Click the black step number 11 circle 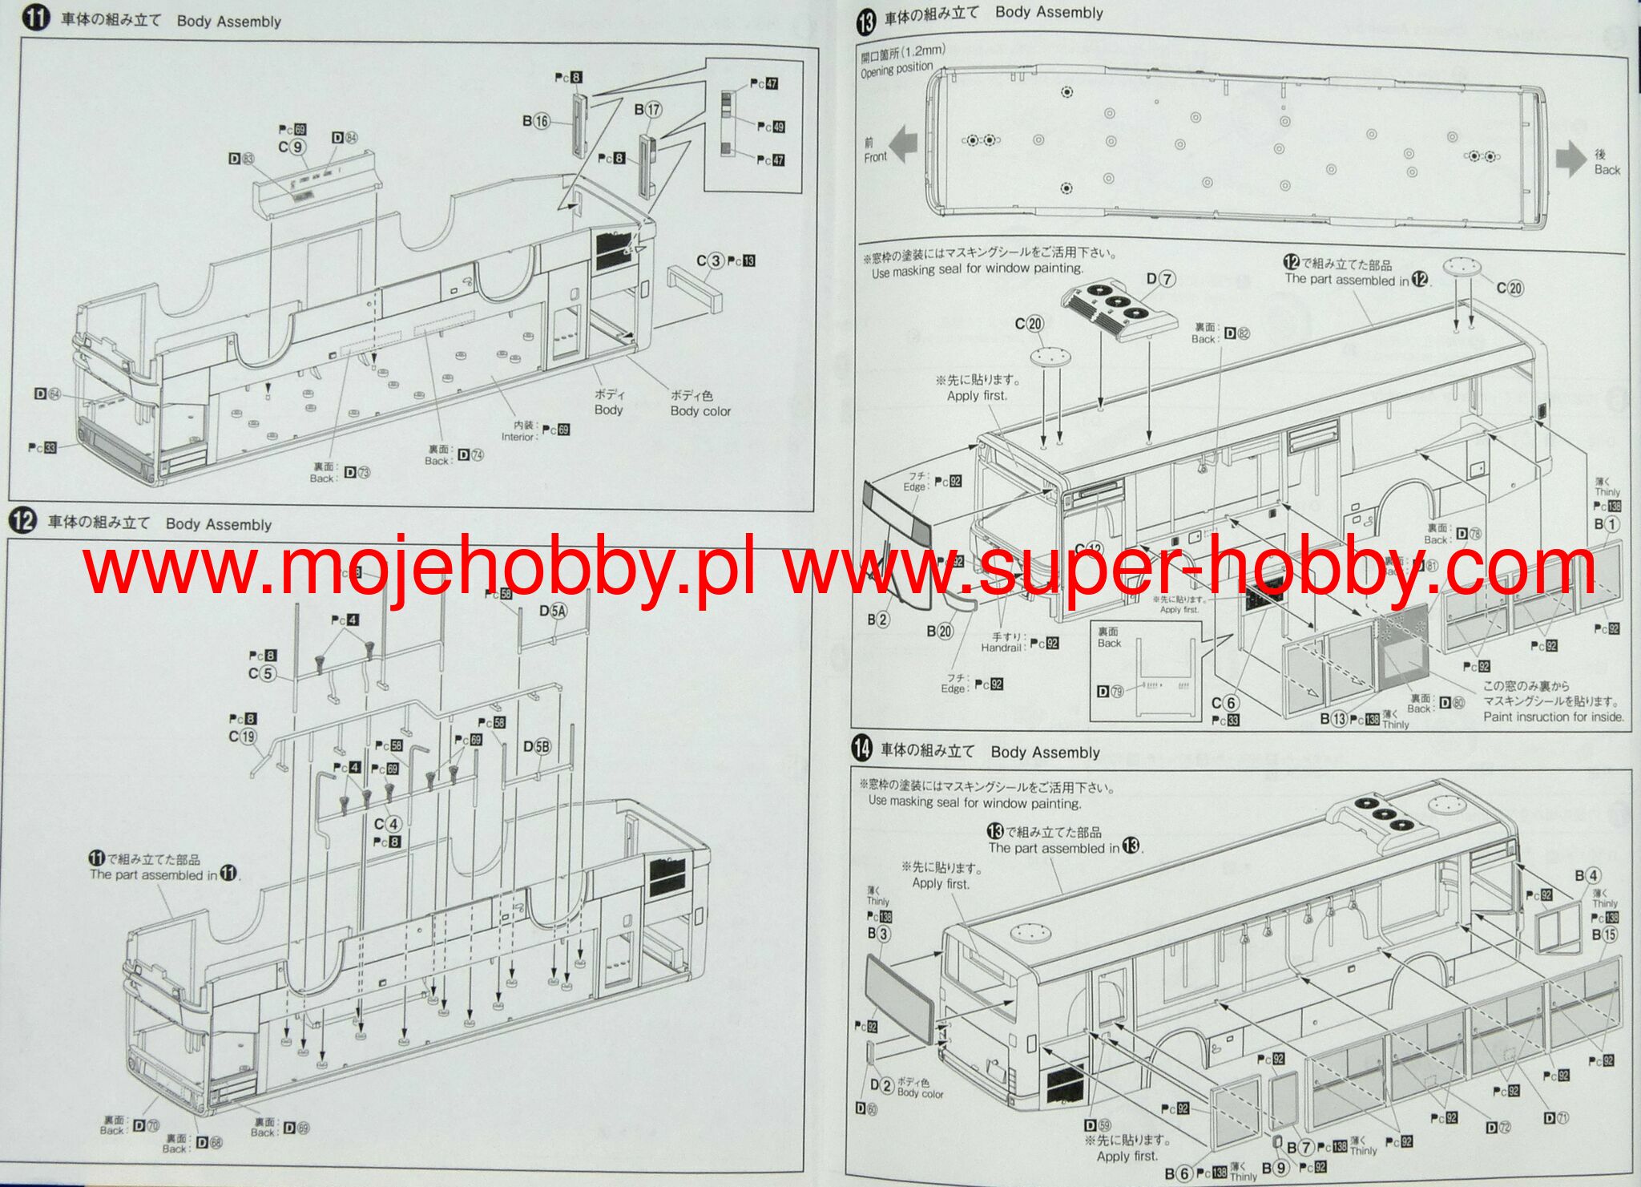(36, 18)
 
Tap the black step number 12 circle (22, 521)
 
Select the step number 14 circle (861, 749)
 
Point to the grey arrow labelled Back (1570, 159)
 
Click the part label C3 (710, 261)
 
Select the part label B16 (536, 121)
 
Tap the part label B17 (647, 110)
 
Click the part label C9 (292, 147)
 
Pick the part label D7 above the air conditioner (1160, 279)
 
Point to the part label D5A (553, 612)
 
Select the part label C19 (242, 737)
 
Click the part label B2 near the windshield (878, 620)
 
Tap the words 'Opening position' (897, 71)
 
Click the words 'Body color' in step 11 (700, 411)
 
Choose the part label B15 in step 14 (1604, 935)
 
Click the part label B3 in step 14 (878, 934)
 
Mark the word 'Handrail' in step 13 (1001, 648)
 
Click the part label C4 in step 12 (387, 824)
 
